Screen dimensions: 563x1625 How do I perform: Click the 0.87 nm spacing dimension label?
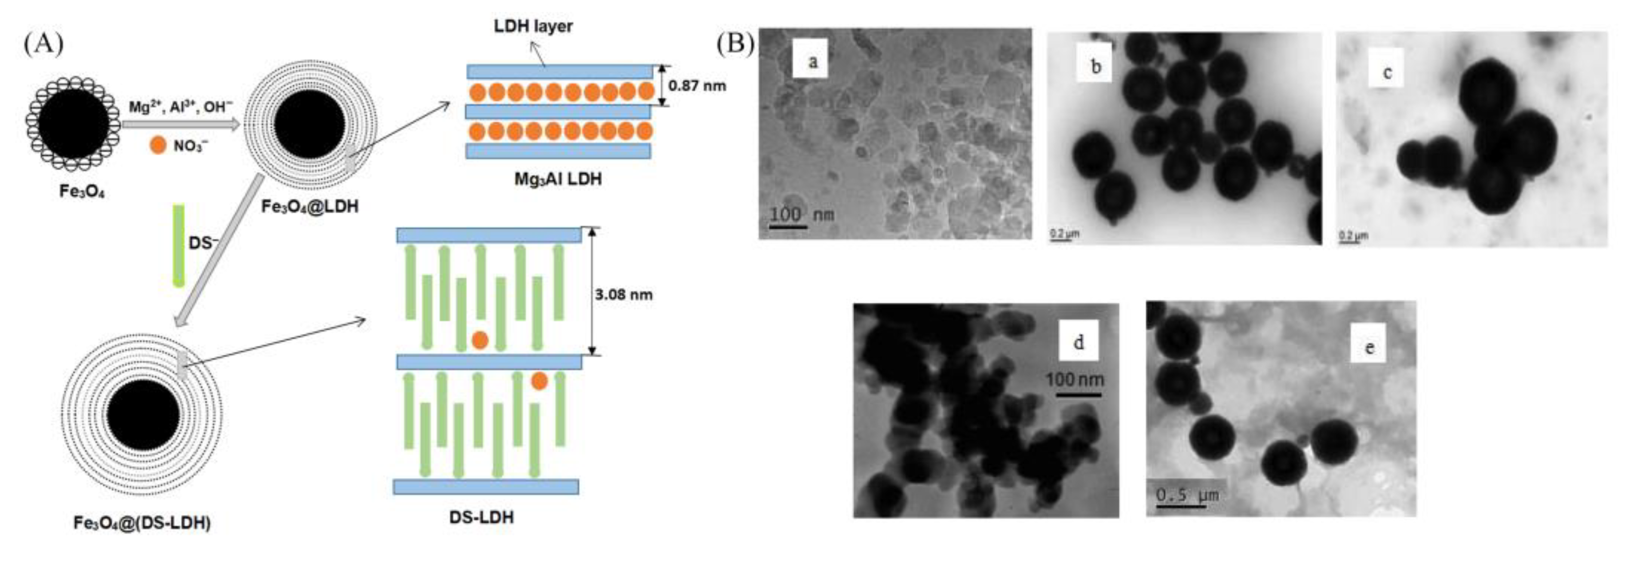click(x=697, y=85)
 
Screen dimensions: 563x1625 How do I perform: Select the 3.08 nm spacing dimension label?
click(x=623, y=294)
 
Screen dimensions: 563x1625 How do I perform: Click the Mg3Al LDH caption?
click(x=558, y=179)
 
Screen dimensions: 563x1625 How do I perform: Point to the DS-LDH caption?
click(x=482, y=517)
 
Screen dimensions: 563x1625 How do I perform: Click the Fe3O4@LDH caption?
click(x=310, y=206)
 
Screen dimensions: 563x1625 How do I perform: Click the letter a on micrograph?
click(x=813, y=61)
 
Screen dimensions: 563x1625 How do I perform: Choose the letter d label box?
click(x=1079, y=341)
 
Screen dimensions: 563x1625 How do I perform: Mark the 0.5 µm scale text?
click(x=1186, y=495)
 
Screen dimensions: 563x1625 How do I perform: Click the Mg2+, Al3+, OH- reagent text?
click(x=180, y=107)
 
